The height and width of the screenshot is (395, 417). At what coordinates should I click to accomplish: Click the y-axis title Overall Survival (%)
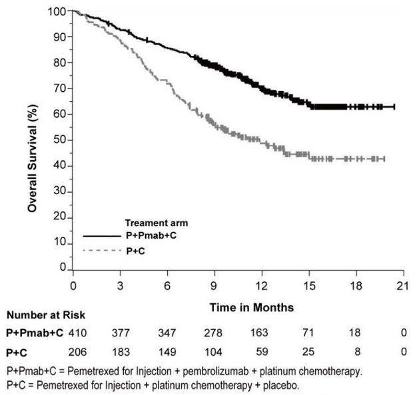[x=32, y=141]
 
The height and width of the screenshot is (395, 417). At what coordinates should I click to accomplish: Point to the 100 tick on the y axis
[x=58, y=12]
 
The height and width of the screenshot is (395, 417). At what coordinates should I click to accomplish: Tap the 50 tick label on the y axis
[x=60, y=140]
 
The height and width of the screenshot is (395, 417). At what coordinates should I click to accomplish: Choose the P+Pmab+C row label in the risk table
[x=33, y=332]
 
